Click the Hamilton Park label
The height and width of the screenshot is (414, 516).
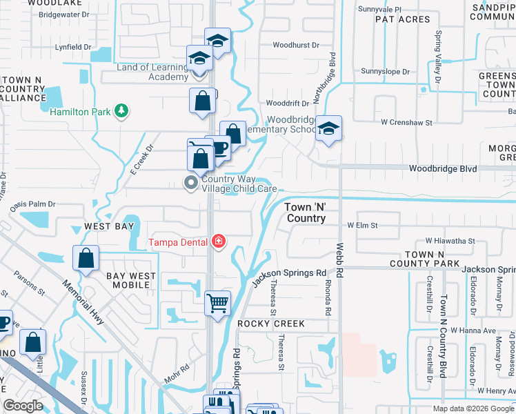pos(80,110)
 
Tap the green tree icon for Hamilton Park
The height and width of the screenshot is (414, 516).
pos(121,110)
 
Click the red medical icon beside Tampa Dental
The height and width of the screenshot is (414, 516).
pos(219,241)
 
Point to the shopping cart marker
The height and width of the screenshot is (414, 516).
pos(218,303)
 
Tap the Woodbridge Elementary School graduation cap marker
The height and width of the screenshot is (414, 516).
pos(329,128)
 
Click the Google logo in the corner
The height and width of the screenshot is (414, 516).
pos(23,406)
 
